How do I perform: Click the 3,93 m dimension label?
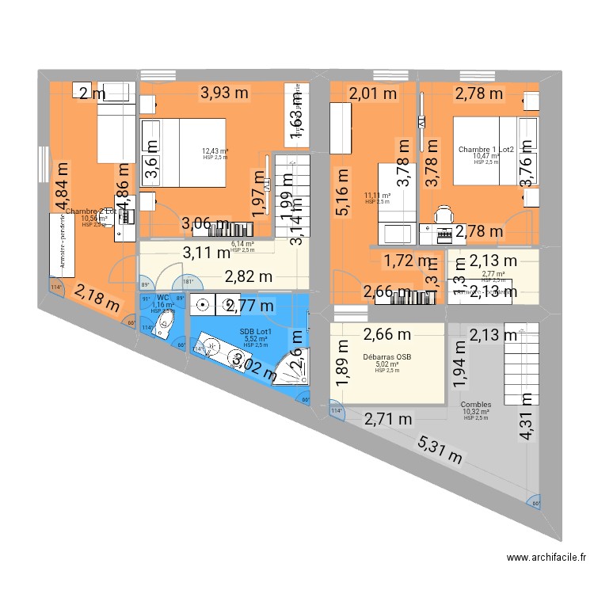(224, 93)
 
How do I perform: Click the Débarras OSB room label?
(387, 356)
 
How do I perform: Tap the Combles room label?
(476, 404)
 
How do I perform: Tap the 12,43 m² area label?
(215, 151)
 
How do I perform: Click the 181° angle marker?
(166, 284)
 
